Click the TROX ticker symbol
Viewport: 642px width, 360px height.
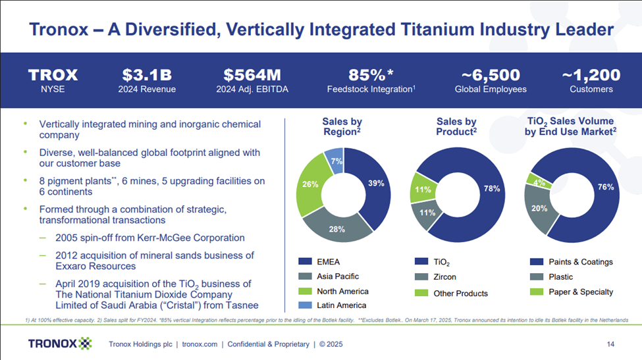[53, 74]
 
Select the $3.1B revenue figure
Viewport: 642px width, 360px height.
[148, 74]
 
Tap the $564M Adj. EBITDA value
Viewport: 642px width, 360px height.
[254, 74]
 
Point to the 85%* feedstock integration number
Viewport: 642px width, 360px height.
[371, 74]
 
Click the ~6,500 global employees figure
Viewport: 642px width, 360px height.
[491, 74]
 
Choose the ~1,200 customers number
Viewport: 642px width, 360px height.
[591, 74]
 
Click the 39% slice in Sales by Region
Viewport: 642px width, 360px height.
[374, 184]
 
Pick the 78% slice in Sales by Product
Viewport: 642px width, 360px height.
[491, 190]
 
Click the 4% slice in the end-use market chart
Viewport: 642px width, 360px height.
[539, 182]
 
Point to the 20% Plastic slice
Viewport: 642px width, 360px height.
[539, 209]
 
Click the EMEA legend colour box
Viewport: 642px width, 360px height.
[304, 262]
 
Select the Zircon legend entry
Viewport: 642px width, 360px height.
[445, 277]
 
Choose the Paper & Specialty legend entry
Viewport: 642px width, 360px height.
[580, 292]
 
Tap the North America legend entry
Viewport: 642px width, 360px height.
[342, 291]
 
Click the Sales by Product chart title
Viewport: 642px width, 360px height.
[456, 126]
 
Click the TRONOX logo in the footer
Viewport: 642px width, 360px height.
[60, 344]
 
